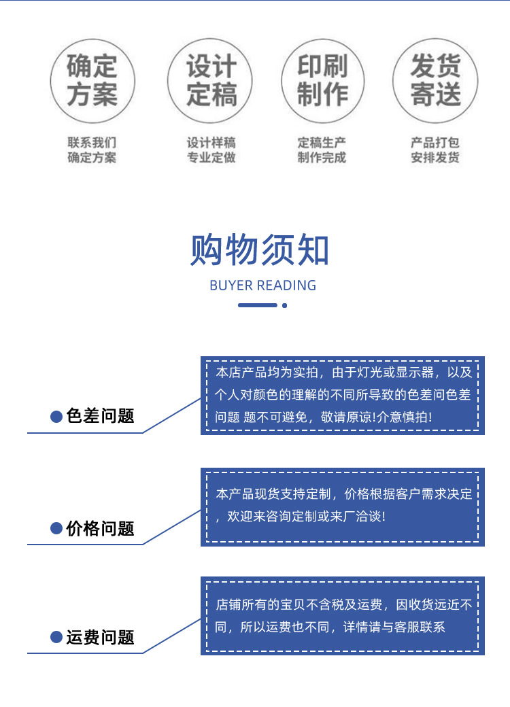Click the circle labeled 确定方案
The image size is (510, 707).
click(x=92, y=80)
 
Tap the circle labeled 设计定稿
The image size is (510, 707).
click(x=211, y=80)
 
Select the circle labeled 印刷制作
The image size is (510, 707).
click(x=322, y=80)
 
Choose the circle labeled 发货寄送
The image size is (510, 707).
click(x=435, y=80)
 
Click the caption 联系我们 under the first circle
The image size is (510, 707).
click(x=92, y=143)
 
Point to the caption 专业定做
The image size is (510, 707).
click(x=211, y=158)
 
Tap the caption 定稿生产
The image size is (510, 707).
click(x=322, y=143)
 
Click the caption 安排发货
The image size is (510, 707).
click(x=435, y=158)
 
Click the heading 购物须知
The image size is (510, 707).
click(x=260, y=250)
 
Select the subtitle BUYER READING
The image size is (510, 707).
click(x=262, y=286)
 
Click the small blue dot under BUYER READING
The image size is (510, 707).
click(x=284, y=305)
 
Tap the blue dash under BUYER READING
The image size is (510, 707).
click(x=257, y=305)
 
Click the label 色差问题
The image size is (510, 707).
click(x=101, y=416)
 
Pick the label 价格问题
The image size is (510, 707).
click(x=101, y=528)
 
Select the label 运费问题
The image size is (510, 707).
click(x=101, y=638)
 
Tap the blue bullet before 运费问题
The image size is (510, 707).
click(x=57, y=638)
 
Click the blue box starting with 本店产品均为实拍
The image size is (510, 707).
click(x=342, y=395)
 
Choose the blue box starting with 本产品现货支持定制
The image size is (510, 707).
click(x=342, y=506)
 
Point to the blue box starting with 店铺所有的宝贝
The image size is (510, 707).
click(x=342, y=616)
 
